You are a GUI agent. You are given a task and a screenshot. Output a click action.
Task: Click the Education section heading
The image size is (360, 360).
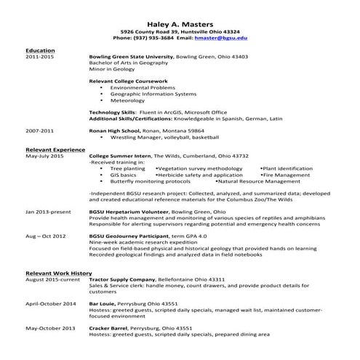(40, 50)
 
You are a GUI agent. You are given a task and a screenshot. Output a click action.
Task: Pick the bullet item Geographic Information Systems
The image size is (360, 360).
(153, 94)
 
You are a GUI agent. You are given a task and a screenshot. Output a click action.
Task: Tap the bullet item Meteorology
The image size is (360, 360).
(128, 100)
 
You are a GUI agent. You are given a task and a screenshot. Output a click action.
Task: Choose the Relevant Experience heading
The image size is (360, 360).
(55, 149)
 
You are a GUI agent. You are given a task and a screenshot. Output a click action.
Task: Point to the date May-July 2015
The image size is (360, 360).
(45, 156)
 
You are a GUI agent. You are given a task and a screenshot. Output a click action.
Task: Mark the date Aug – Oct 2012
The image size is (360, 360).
(46, 236)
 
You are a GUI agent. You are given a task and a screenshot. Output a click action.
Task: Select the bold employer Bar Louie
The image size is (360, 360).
(103, 303)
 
